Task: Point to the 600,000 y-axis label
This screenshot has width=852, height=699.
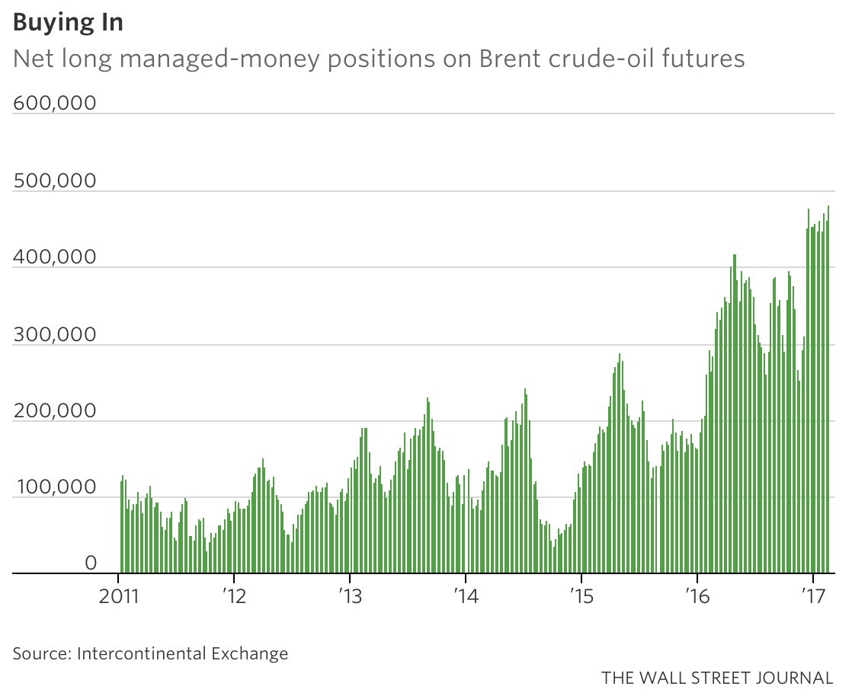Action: coord(55,103)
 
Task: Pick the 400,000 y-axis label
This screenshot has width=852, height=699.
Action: coord(55,257)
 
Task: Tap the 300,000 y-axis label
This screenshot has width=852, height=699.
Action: coord(55,334)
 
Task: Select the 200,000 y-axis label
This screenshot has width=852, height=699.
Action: coord(55,411)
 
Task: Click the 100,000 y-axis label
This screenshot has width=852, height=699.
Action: coord(55,487)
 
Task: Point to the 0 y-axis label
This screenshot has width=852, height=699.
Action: coord(91,563)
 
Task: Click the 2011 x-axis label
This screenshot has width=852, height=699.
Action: coord(119,595)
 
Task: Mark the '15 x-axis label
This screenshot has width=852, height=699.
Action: coord(580,595)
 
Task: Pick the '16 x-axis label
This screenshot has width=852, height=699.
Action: coord(696,595)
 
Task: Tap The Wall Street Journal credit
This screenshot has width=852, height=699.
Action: coord(716,678)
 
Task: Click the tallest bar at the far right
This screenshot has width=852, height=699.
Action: coord(828,388)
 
